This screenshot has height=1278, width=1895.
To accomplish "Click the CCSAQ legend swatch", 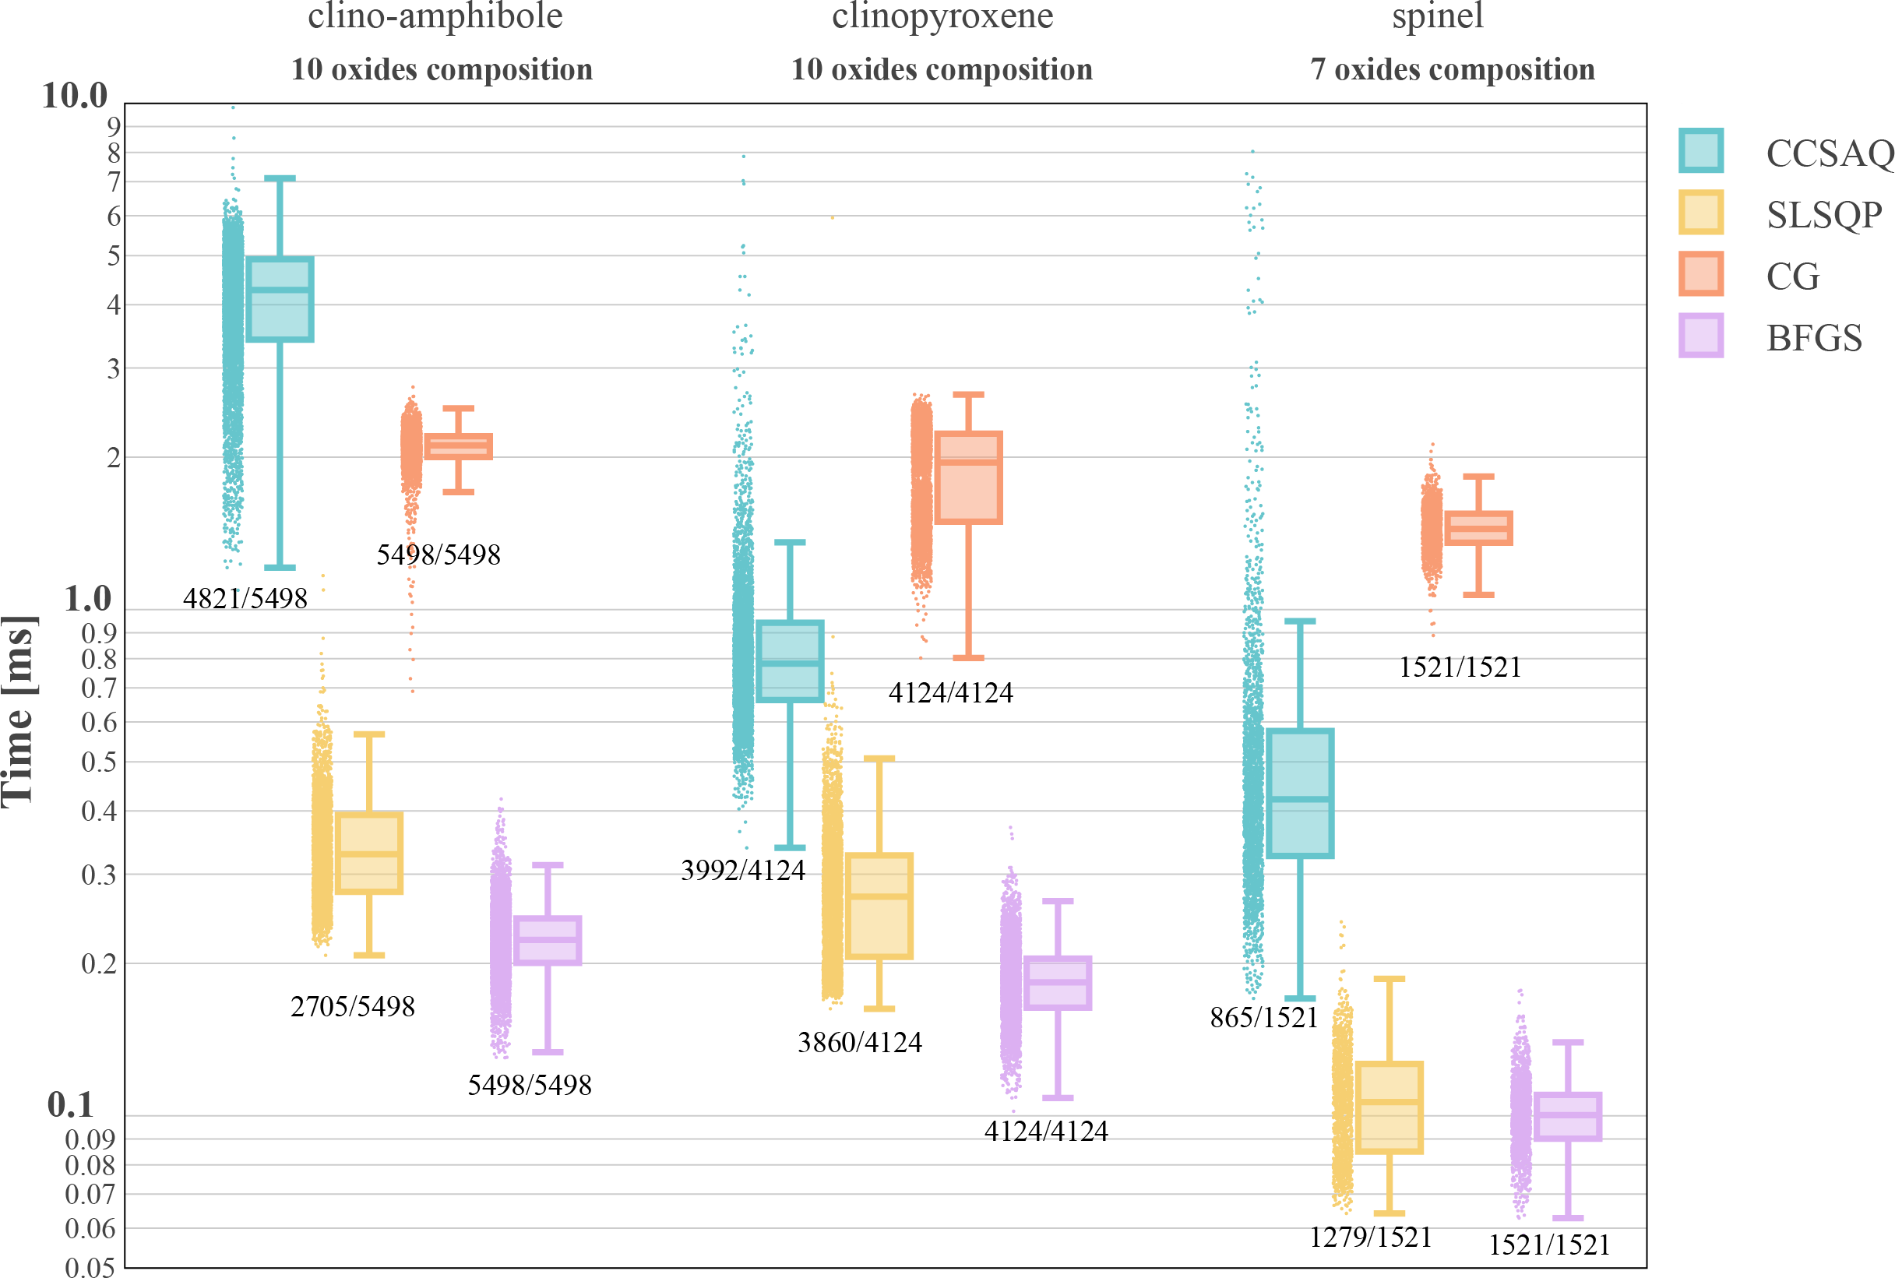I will point(1700,151).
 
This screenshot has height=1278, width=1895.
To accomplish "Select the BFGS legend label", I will point(1813,337).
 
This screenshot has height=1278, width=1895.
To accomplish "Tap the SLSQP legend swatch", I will point(1700,213).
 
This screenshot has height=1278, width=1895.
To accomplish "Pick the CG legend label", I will point(1792,276).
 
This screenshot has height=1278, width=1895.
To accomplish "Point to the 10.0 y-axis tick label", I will point(74,95).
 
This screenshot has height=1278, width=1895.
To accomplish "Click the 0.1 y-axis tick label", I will point(70,1104).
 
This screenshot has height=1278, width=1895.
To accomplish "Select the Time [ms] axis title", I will point(19,712).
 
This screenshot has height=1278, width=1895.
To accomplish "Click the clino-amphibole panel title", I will point(435,16).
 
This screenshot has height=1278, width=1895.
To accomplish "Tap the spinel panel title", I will point(1438,16).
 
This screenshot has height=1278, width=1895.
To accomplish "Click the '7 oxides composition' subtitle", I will point(1453,69).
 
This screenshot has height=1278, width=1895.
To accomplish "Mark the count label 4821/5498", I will point(245,599).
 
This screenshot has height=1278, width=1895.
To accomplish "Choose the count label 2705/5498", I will point(353,1006).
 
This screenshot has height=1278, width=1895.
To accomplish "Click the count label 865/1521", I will point(1263,1017).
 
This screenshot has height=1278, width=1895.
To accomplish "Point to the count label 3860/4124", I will point(860,1043).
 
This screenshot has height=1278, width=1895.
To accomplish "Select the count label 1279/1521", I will point(1370,1238).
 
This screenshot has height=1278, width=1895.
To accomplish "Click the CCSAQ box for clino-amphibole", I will point(280,299).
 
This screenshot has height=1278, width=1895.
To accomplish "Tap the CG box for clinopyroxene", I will point(968,477).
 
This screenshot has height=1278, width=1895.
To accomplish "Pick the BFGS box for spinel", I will point(1567,1116).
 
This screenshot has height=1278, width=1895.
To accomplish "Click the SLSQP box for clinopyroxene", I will point(879,906).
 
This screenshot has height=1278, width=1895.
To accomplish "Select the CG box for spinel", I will point(1478,528).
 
